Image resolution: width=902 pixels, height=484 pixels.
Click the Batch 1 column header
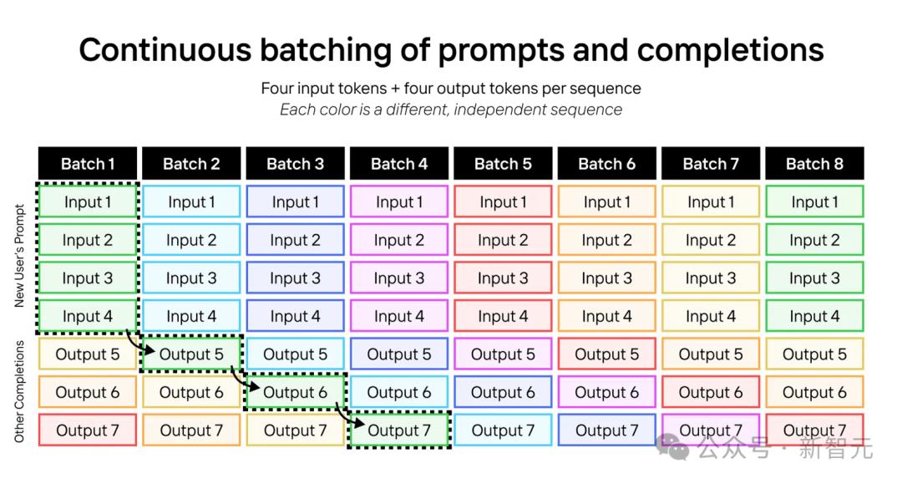click(88, 164)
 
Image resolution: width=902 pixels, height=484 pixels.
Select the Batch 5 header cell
click(503, 164)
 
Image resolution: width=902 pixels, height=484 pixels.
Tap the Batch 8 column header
click(814, 164)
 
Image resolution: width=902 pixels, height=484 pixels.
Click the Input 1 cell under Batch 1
click(88, 201)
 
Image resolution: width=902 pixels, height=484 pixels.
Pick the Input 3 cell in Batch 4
click(399, 278)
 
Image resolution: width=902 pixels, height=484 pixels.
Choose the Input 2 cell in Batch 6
click(607, 240)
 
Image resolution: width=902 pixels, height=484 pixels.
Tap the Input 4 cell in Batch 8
click(814, 316)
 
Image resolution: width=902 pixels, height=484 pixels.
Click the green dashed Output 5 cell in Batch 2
click(191, 354)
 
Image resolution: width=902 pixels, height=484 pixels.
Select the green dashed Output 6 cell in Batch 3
click(295, 393)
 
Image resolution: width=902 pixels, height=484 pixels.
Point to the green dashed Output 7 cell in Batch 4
click(399, 431)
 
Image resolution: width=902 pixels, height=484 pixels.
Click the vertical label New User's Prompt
click(19, 256)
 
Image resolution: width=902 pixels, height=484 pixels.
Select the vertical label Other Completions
click(19, 392)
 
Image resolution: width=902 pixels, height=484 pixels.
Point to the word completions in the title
click(731, 50)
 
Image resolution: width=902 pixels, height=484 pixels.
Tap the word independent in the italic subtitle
click(493, 110)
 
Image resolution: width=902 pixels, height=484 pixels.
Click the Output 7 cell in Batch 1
click(88, 431)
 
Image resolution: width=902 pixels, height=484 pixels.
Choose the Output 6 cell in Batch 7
click(711, 393)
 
